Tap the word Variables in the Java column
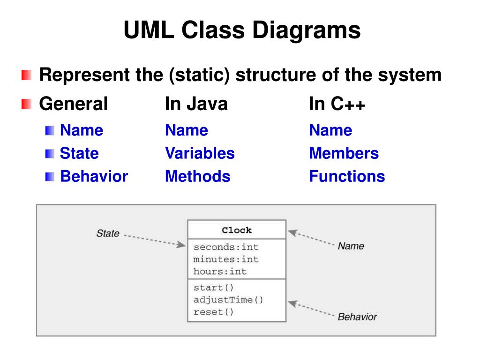click(200, 153)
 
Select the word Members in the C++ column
click(344, 153)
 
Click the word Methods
click(197, 176)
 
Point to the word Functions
click(347, 176)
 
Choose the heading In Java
click(196, 104)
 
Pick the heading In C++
click(337, 104)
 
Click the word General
click(73, 104)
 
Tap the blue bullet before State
click(50, 153)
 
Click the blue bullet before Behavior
click(50, 177)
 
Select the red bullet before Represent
click(26, 75)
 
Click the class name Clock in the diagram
click(237, 230)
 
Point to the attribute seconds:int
click(226, 247)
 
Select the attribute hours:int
click(220, 271)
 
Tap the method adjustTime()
click(228, 300)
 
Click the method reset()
click(213, 312)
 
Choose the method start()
click(213, 287)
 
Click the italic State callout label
click(108, 233)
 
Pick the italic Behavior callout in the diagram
click(357, 317)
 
